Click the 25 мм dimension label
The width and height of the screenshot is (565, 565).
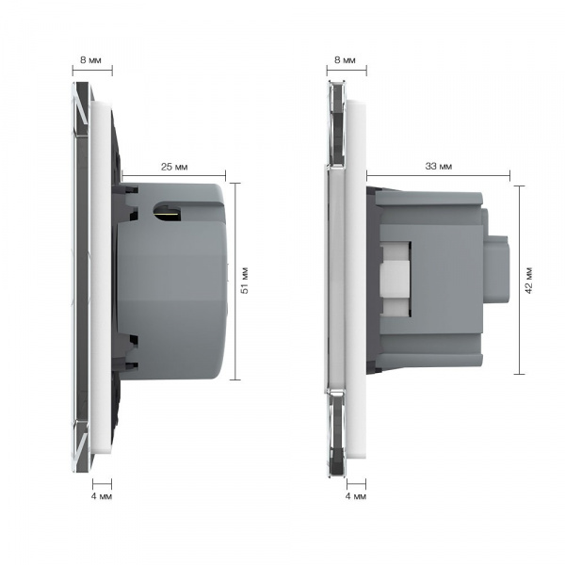click(174, 167)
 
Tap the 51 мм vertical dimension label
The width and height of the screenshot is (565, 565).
click(245, 281)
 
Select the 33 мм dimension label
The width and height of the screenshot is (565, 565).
click(439, 167)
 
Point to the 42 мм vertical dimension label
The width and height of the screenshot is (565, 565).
click(529, 281)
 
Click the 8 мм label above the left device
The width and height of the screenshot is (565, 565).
click(90, 60)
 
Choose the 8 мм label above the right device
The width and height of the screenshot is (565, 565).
click(345, 60)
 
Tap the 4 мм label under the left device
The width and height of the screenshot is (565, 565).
click(102, 496)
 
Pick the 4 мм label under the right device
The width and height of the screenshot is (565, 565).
click(356, 496)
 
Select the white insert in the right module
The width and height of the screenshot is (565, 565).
click(395, 279)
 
